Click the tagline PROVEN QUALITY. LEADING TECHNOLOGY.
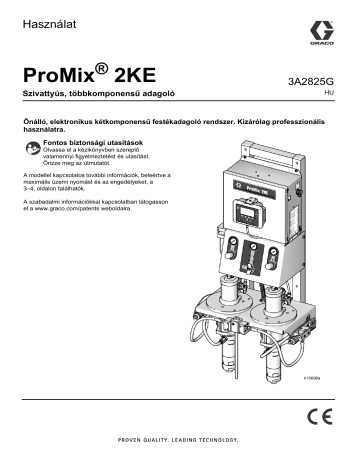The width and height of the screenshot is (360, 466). pos(180,440)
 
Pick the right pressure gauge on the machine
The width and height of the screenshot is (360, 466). pos(271,247)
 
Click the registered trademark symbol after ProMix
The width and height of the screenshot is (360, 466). pos(103,67)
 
